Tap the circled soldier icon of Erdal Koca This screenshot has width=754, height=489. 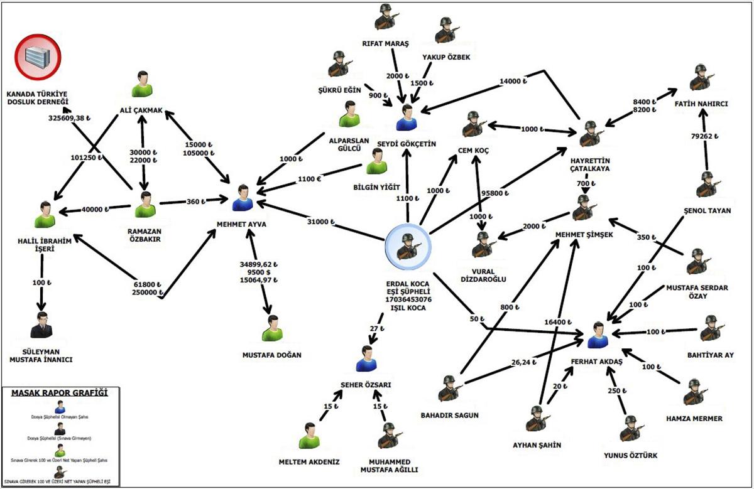point(408,245)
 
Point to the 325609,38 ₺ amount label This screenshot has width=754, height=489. point(70,117)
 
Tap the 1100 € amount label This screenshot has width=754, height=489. point(310,179)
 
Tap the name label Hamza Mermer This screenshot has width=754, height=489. point(694,418)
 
